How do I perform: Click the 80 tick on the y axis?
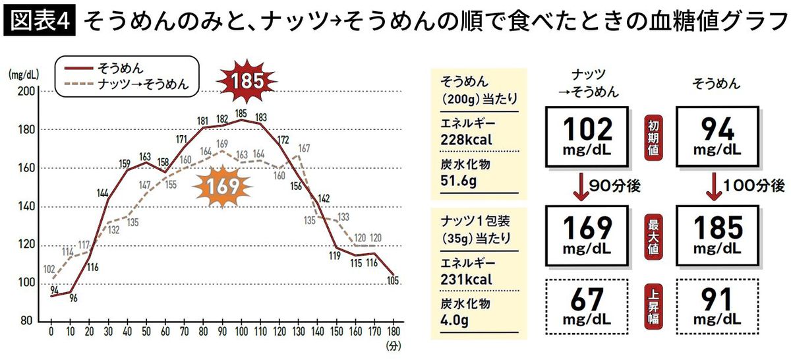click(25, 321)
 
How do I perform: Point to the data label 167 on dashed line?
click(303, 149)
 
